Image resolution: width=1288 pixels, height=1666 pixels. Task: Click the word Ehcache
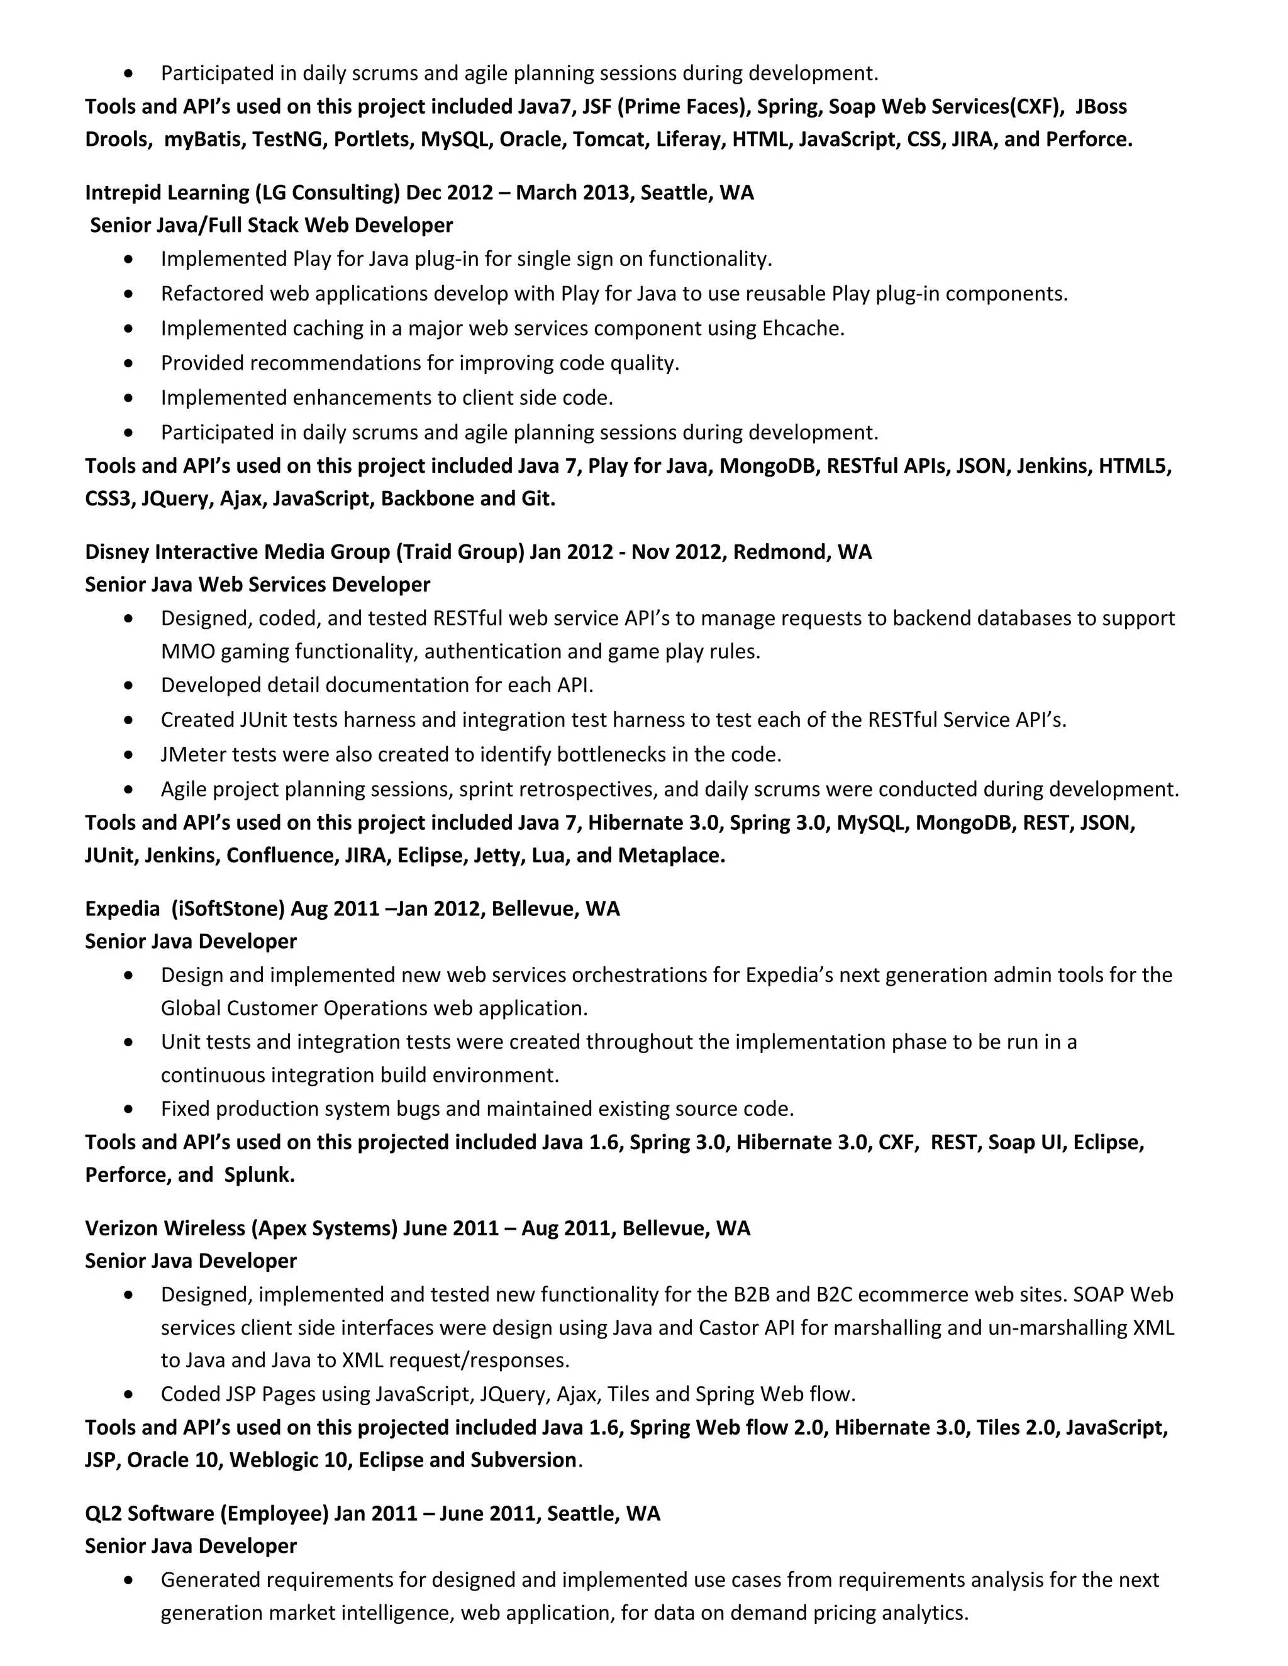coord(802,328)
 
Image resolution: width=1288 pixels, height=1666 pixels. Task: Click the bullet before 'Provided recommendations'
coord(128,363)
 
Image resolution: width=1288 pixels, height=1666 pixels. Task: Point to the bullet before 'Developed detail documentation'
coord(128,686)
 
